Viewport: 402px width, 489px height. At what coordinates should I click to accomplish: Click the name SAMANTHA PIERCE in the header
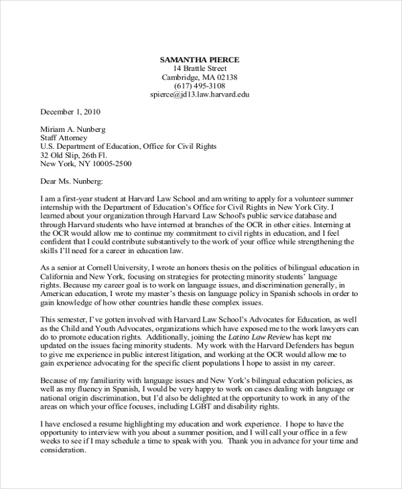tap(200, 60)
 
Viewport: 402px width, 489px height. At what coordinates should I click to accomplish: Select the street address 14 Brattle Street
tap(200, 68)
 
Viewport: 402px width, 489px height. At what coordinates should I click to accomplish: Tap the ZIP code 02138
tap(224, 77)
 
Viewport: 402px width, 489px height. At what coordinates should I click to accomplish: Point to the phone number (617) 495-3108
tap(200, 86)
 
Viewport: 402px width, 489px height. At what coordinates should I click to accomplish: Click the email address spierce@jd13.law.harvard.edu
tap(200, 94)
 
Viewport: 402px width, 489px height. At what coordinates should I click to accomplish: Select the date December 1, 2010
tap(70, 112)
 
